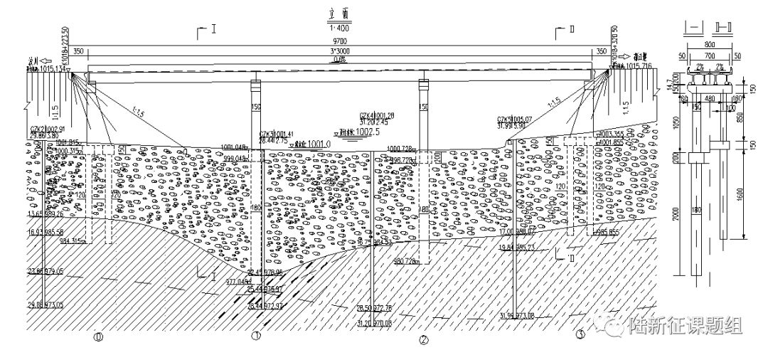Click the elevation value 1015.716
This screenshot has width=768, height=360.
point(647,66)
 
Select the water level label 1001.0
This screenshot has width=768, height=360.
point(312,143)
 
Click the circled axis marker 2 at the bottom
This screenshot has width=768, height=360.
point(424,339)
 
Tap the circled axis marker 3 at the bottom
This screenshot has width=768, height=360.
point(580,334)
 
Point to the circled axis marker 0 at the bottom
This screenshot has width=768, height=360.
point(98,337)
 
